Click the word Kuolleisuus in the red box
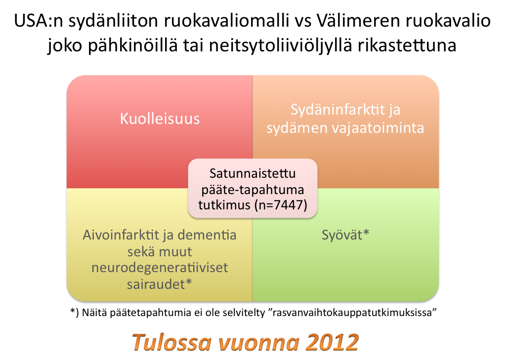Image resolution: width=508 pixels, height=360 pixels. (x=160, y=119)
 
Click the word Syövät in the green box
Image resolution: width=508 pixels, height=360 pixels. (x=342, y=235)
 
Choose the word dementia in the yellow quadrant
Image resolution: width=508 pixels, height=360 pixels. (x=207, y=235)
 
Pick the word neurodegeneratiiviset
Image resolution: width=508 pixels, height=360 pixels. (x=160, y=268)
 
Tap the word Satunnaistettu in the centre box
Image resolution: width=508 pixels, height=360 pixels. (x=253, y=173)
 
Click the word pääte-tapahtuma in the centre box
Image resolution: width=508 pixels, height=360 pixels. (x=253, y=190)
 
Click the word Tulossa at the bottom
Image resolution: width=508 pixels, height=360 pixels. (x=171, y=342)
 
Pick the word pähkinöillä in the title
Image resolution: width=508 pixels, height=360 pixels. (x=133, y=45)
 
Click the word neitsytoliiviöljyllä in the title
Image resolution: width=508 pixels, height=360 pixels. (x=281, y=45)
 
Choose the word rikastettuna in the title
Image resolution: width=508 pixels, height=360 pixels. (x=407, y=45)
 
